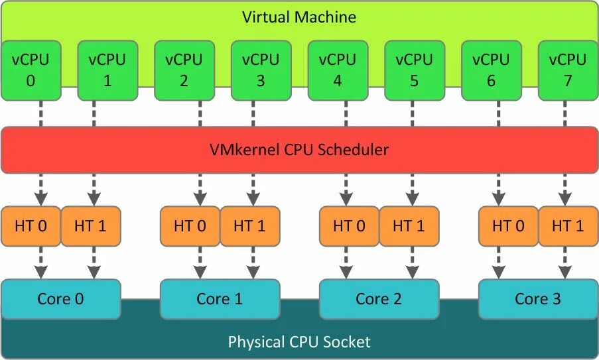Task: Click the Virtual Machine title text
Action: (299, 17)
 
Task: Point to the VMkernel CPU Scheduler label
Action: (299, 150)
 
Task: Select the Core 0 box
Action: (61, 299)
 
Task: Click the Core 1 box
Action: (220, 299)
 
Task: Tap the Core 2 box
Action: (379, 299)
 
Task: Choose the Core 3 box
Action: (538, 299)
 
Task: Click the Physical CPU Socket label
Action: (299, 342)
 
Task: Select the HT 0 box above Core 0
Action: (31, 226)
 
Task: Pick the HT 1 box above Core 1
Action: (249, 226)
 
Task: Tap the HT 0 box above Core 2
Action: (350, 226)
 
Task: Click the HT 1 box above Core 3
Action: (567, 226)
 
